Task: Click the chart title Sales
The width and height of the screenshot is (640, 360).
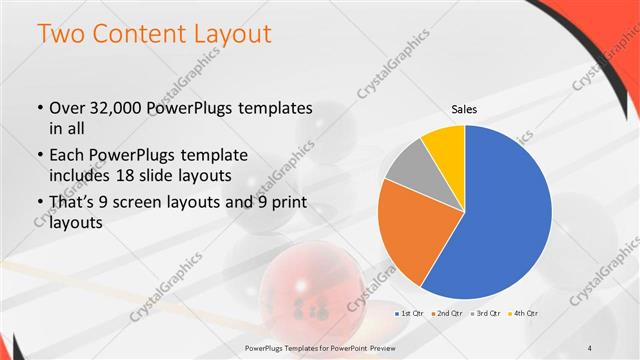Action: coord(464,109)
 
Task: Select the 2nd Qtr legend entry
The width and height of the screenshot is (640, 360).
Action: coord(448,313)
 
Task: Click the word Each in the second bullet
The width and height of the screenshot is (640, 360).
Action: coord(66,157)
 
